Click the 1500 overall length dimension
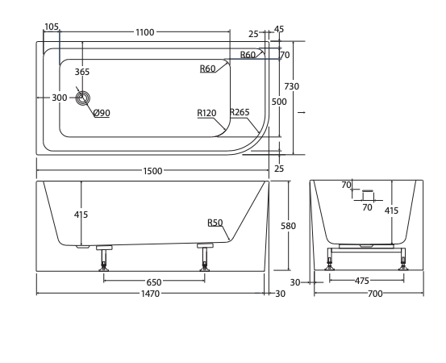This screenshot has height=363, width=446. click(x=152, y=171)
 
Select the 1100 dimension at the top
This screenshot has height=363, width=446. click(x=145, y=32)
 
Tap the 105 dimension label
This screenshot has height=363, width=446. click(x=52, y=27)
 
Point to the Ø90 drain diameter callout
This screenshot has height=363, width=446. click(x=102, y=113)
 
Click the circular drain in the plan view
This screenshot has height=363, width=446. click(x=83, y=98)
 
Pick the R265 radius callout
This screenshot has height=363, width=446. click(x=240, y=112)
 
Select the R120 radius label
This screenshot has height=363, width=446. click(x=206, y=113)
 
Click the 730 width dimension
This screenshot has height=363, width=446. click(x=291, y=86)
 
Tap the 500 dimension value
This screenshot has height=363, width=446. click(x=279, y=102)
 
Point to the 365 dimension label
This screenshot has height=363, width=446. click(x=82, y=72)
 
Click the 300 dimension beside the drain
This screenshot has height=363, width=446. click(x=60, y=98)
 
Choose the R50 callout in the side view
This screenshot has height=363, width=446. click(x=215, y=223)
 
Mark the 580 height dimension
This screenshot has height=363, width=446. click(x=288, y=226)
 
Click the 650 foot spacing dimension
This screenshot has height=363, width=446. click(x=154, y=282)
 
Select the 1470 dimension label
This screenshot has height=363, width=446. click(x=151, y=294)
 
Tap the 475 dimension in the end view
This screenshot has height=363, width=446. click(x=362, y=281)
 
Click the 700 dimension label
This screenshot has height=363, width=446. click(x=375, y=294)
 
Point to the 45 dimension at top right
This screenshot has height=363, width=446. click(x=279, y=29)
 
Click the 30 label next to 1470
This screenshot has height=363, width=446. click(x=280, y=294)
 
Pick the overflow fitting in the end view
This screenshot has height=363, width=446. click(x=368, y=195)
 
